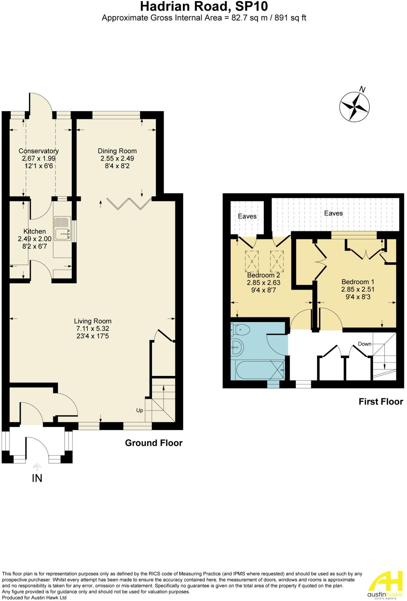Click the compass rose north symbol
tap(355, 107)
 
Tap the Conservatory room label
tap(39, 151)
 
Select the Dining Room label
tap(117, 151)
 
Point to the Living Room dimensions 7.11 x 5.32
tap(92, 329)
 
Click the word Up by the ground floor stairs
tap(140, 410)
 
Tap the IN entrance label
tap(37, 478)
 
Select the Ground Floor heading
tap(154, 443)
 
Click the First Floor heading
tap(381, 401)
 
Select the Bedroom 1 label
tap(358, 282)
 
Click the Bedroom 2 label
tap(264, 275)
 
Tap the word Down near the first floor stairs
tap(364, 344)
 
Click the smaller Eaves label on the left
tap(247, 216)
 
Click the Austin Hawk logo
tap(387, 585)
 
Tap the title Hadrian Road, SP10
tap(204, 6)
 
